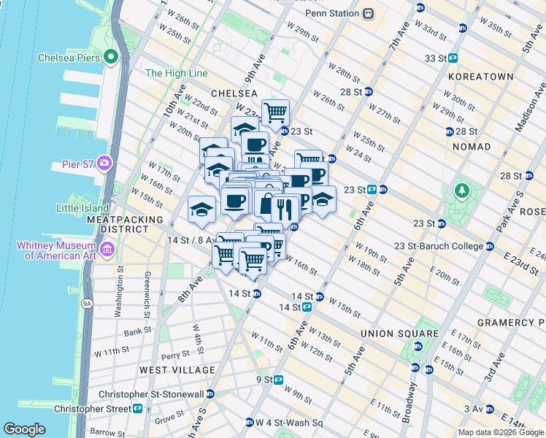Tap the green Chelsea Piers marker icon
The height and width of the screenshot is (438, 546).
point(111,56)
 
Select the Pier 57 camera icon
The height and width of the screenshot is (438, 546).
point(105,162)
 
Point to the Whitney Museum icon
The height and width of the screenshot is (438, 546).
point(107,251)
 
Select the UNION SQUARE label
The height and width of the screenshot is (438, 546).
point(399,334)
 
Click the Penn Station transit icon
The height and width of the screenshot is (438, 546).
point(369,13)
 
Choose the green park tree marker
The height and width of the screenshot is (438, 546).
point(461,192)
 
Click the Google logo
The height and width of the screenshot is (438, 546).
point(24,429)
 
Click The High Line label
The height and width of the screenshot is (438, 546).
point(177,74)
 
